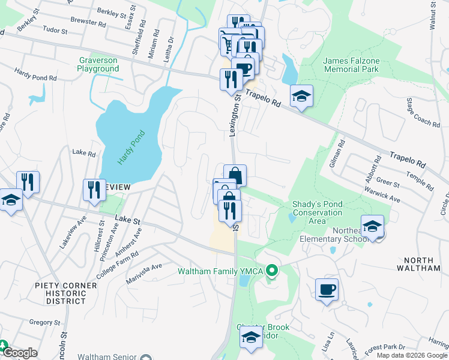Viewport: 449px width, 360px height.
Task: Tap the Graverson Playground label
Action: (x=98, y=64)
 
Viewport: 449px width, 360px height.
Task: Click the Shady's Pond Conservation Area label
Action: (x=317, y=212)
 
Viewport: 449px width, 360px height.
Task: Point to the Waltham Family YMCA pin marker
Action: (x=272, y=272)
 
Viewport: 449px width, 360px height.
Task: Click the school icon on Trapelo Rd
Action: (x=301, y=96)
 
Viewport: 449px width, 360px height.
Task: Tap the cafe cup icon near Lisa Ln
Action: (x=327, y=290)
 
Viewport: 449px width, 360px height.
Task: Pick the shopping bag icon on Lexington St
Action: (x=235, y=175)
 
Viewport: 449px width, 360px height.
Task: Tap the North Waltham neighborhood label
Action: (x=422, y=264)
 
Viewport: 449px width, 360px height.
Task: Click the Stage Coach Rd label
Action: (x=423, y=113)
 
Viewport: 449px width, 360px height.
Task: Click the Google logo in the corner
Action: (x=20, y=353)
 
